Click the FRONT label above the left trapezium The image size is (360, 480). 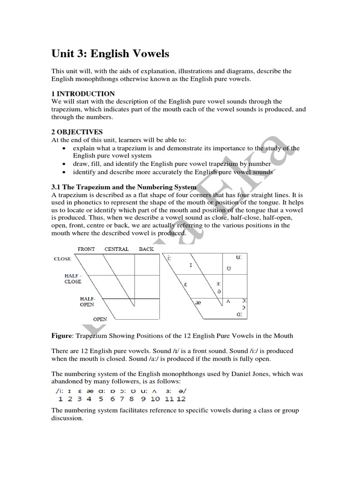86,249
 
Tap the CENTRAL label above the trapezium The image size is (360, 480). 116,249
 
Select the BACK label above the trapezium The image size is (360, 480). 146,249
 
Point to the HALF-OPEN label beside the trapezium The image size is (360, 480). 88,301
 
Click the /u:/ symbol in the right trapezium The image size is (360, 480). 239,257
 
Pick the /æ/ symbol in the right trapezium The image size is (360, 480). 198,303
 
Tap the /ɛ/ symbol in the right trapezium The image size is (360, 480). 185,284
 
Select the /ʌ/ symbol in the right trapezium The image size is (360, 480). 228,301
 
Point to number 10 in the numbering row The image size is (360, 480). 155,399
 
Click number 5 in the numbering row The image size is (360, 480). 101,399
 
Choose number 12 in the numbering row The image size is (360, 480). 181,399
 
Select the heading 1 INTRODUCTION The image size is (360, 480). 83,94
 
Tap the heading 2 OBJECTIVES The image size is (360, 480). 77,132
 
